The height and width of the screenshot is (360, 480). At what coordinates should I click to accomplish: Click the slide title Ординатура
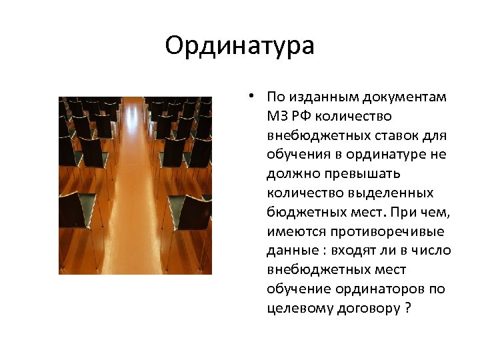tap(239, 46)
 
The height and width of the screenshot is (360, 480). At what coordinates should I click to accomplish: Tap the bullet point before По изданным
tap(247, 95)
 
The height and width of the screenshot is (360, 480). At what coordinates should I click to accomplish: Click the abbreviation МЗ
tap(277, 117)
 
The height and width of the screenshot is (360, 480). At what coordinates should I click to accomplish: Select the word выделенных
tap(391, 193)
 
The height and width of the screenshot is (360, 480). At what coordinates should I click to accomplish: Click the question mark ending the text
tap(408, 309)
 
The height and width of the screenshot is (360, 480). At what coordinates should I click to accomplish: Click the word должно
tap(287, 175)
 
